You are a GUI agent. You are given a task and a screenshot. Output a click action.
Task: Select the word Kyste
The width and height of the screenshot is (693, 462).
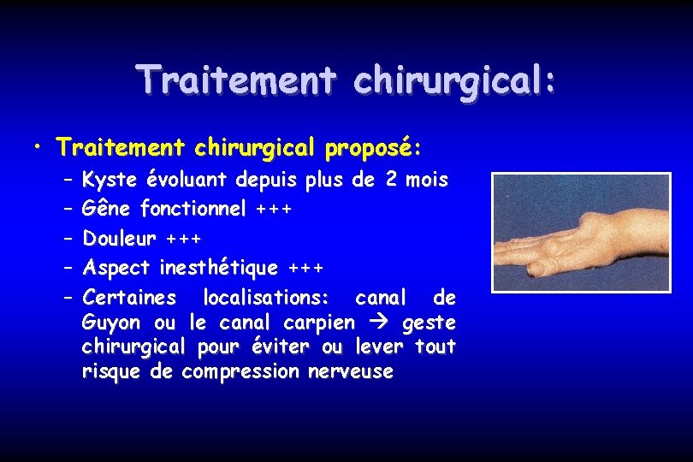pos(110,181)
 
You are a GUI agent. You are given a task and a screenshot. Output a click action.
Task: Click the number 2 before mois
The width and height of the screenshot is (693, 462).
pos(393,181)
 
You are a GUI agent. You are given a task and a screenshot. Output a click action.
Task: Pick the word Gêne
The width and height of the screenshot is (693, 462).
pos(107,208)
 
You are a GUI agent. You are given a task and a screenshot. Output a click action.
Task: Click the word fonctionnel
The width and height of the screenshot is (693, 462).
pos(192,208)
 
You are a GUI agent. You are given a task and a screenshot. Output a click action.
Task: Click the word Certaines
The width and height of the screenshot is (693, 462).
pos(129,298)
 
